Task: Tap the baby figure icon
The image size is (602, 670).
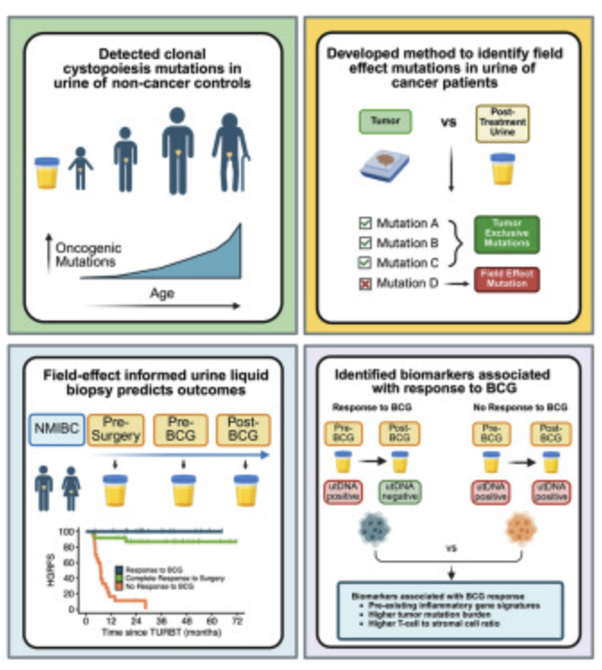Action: click(81, 167)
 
